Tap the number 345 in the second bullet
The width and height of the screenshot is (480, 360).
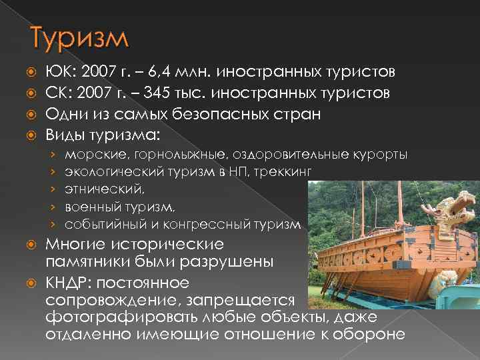click(161, 93)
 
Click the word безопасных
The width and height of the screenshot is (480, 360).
click(225, 115)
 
